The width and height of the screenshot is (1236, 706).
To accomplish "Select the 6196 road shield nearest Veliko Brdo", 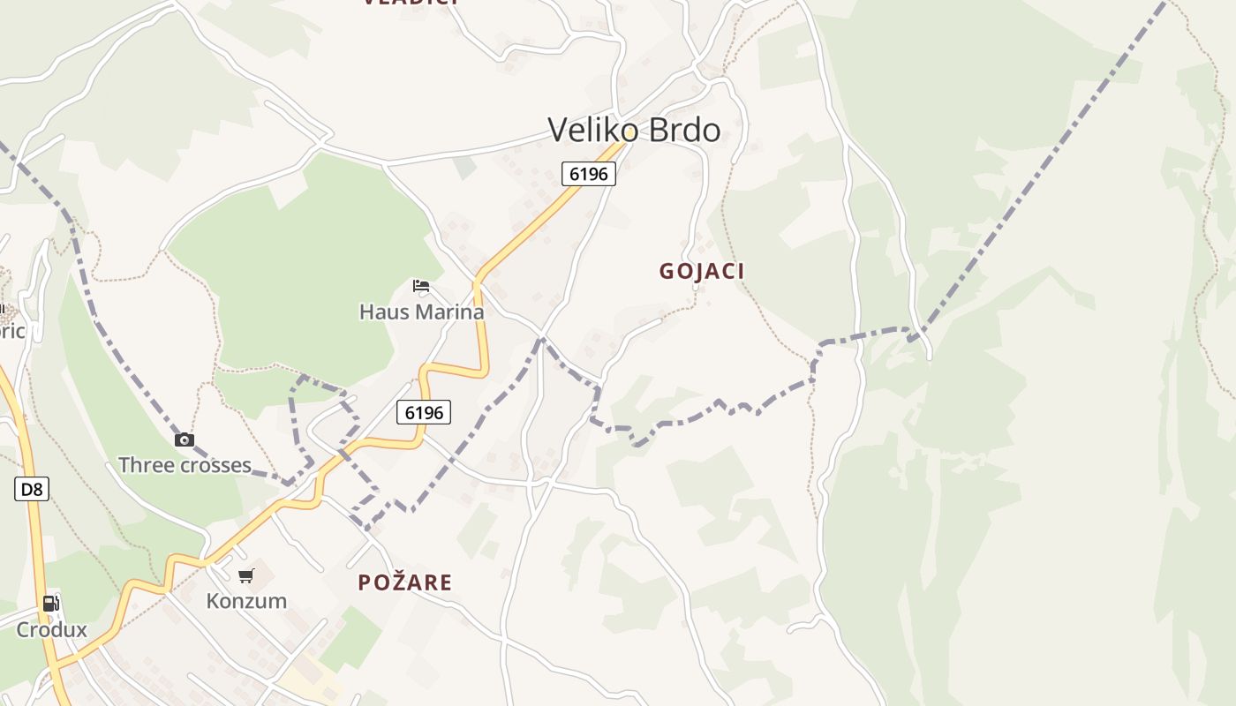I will pos(589,174).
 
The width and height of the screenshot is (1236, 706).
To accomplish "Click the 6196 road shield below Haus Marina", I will pos(424,412).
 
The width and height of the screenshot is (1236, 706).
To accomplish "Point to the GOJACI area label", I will pos(702,271).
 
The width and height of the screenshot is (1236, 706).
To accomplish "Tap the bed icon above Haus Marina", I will pos(421,286).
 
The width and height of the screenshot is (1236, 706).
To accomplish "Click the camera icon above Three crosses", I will pos(185,439).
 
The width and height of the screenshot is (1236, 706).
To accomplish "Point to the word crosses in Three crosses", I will pos(218,465).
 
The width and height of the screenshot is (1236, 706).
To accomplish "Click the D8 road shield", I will pos(31,489).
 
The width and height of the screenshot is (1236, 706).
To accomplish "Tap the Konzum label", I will pos(246,601).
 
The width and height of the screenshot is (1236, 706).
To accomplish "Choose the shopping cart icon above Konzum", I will pos(246,576).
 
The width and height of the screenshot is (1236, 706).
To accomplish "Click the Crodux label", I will pos(52,629).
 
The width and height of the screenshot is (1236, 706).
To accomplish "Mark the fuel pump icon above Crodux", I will pos(51,605).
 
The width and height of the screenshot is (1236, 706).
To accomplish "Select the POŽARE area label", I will pos(405,582).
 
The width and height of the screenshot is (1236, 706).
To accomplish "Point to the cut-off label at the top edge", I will pos(411,3).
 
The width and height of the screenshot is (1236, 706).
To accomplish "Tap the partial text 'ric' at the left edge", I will pos(12,331).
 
